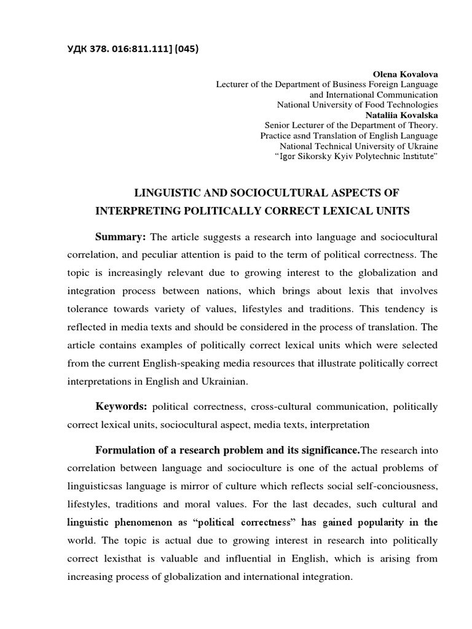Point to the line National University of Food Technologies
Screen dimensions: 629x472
358,104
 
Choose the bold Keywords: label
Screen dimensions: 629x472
121,407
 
